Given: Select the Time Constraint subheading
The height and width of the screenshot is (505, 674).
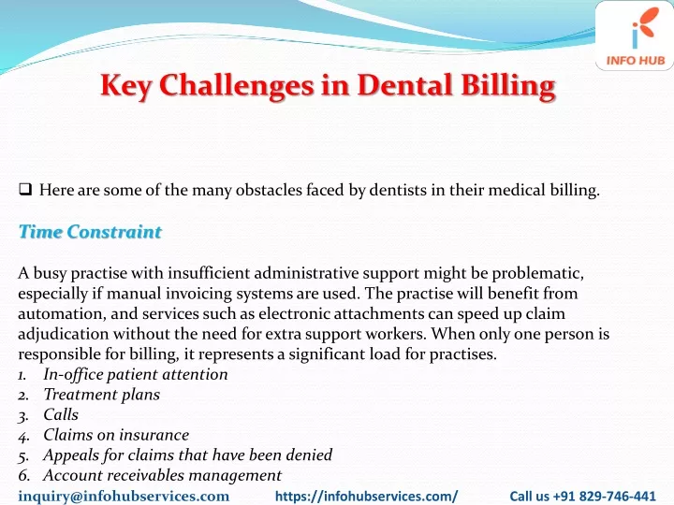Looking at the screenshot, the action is click(90, 232).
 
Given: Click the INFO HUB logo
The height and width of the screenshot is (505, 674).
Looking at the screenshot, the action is click(635, 36).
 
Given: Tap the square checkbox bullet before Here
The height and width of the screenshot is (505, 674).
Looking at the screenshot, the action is click(25, 189).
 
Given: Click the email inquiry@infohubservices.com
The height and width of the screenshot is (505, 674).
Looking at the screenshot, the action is click(124, 496).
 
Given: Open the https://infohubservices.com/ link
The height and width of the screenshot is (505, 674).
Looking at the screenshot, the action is click(366, 496).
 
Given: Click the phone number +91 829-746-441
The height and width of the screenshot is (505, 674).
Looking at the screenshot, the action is click(605, 496).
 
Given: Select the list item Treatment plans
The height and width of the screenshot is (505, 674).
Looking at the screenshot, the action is click(101, 395).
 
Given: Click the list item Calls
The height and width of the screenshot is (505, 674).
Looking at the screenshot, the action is click(61, 414).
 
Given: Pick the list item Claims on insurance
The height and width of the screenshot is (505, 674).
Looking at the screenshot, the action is click(116, 435).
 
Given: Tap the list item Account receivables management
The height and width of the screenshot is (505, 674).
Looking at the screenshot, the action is click(163, 475).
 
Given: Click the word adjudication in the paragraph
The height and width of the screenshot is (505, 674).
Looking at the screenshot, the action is click(64, 334).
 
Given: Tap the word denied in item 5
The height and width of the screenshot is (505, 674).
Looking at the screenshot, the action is click(310, 454).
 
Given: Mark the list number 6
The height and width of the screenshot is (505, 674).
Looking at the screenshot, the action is click(24, 475).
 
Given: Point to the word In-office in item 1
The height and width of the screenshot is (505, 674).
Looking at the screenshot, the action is click(73, 374).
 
